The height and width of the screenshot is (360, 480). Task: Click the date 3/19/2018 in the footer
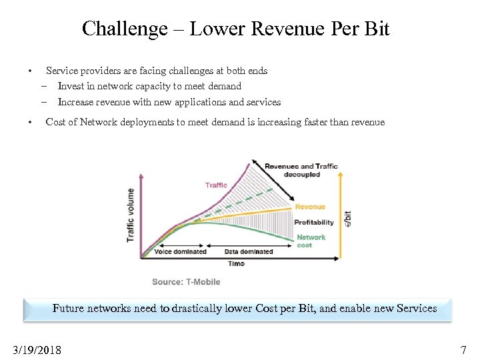click(x=37, y=349)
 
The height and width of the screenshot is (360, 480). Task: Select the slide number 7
click(x=463, y=349)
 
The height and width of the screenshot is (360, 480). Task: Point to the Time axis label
click(x=236, y=263)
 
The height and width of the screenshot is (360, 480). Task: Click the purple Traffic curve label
click(x=216, y=185)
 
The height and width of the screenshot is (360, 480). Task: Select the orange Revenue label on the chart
click(x=310, y=207)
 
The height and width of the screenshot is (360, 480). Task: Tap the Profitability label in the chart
click(x=314, y=222)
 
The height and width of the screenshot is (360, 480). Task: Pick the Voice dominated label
click(x=180, y=252)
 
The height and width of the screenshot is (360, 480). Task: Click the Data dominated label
click(x=249, y=252)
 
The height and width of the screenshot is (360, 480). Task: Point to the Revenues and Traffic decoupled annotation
click(x=301, y=170)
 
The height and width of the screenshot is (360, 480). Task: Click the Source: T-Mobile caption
click(x=186, y=282)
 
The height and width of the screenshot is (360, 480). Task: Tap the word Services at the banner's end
click(x=416, y=309)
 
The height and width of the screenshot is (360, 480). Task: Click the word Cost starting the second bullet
click(x=55, y=122)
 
